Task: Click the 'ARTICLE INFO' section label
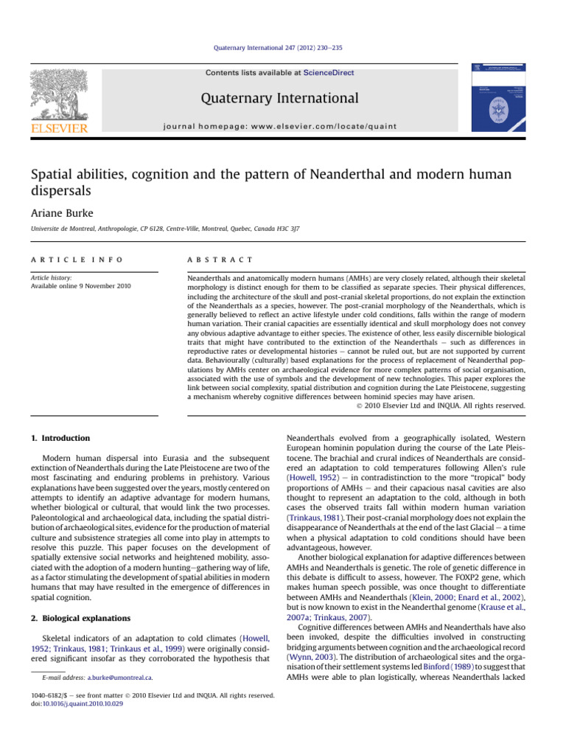click(x=65, y=260)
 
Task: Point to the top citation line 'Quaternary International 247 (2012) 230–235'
click(x=282, y=48)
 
